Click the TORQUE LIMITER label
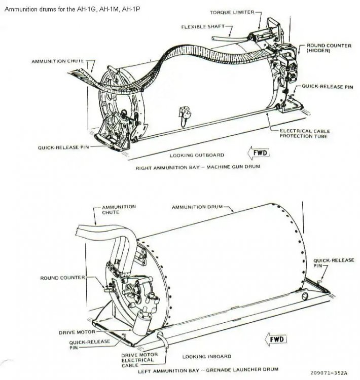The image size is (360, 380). tap(233, 12)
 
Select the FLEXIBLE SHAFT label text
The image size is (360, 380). tap(202, 27)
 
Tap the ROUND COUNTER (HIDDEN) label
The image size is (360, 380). tap(329, 48)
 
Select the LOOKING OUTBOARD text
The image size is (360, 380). tap(197, 155)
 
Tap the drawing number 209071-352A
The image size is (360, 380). tap(329, 372)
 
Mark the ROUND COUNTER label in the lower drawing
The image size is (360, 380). tap(62, 278)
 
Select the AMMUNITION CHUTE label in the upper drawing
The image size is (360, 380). tap(58, 61)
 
